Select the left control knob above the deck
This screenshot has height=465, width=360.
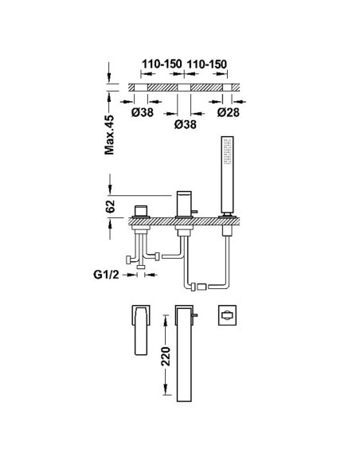142,210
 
